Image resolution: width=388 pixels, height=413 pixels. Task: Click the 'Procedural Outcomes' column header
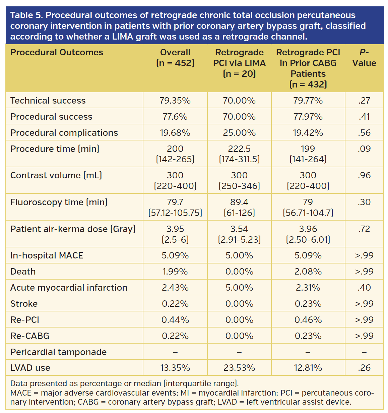(57, 53)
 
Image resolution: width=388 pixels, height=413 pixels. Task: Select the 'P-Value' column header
(364, 58)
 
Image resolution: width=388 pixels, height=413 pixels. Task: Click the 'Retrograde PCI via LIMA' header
(239, 63)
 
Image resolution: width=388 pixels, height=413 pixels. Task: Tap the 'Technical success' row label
(48, 101)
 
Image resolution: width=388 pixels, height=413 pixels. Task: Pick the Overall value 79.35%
(175, 101)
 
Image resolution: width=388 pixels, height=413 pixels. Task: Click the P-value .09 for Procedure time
(364, 149)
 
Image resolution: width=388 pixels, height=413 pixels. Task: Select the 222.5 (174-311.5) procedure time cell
(239, 154)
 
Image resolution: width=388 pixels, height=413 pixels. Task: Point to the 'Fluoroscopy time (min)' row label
(59, 202)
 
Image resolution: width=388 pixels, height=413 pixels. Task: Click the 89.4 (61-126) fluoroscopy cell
(239, 207)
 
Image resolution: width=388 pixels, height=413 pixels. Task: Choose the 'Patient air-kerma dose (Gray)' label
(73, 229)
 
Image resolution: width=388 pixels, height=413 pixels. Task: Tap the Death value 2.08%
(308, 272)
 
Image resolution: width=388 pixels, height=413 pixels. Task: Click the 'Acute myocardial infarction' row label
(69, 288)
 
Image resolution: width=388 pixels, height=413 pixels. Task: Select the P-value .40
(364, 288)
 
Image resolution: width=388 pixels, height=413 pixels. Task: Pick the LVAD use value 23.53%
(239, 368)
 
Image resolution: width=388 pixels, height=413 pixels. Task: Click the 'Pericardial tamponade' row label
(58, 352)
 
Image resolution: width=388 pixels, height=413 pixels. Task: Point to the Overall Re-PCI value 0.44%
(175, 320)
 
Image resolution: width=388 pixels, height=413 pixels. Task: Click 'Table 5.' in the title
(26, 15)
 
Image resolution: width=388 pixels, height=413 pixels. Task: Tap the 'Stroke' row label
(24, 304)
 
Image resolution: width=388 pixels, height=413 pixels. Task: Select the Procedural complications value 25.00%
(239, 133)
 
